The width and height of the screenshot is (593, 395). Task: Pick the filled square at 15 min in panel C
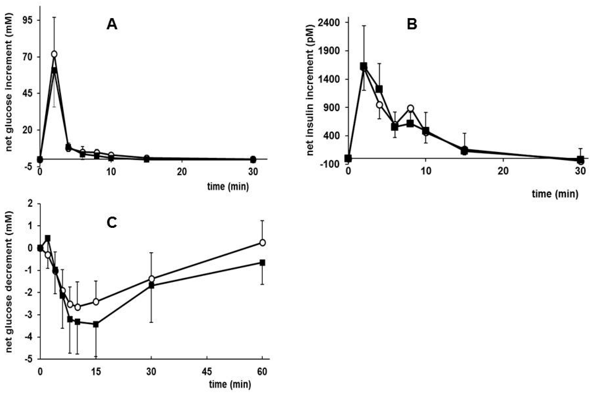[96, 325]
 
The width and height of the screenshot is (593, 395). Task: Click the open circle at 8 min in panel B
[410, 108]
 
